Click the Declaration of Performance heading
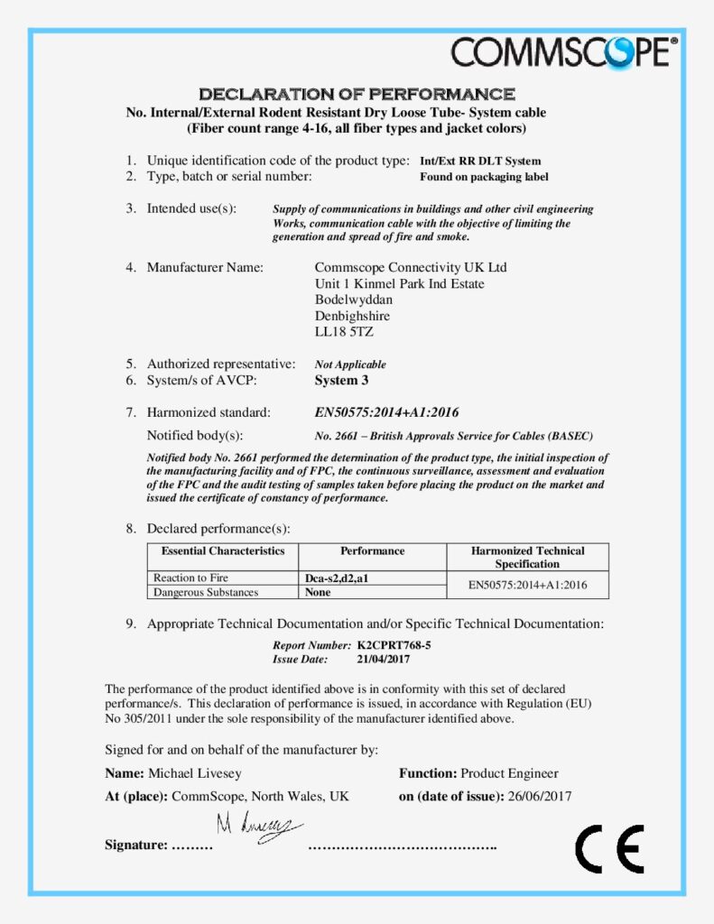click(x=357, y=94)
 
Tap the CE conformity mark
click(x=609, y=848)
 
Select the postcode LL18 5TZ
click(x=344, y=332)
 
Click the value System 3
click(x=348, y=381)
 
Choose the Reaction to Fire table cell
click(x=190, y=578)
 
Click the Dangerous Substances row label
click(x=206, y=593)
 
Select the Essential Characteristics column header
click(x=223, y=550)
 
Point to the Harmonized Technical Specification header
click(x=527, y=557)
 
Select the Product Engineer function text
click(x=509, y=773)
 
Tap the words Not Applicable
click(x=350, y=365)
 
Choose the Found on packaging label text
click(x=484, y=177)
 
